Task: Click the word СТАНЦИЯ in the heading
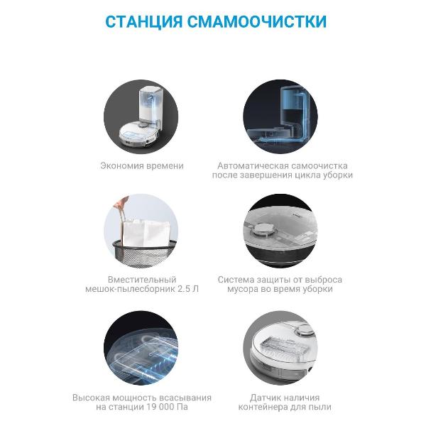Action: [143, 21]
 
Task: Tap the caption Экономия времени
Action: [141, 165]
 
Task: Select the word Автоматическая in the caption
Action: [250, 165]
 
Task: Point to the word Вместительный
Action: [141, 280]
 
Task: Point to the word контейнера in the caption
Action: [261, 407]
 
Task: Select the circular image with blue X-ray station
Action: [283, 116]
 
